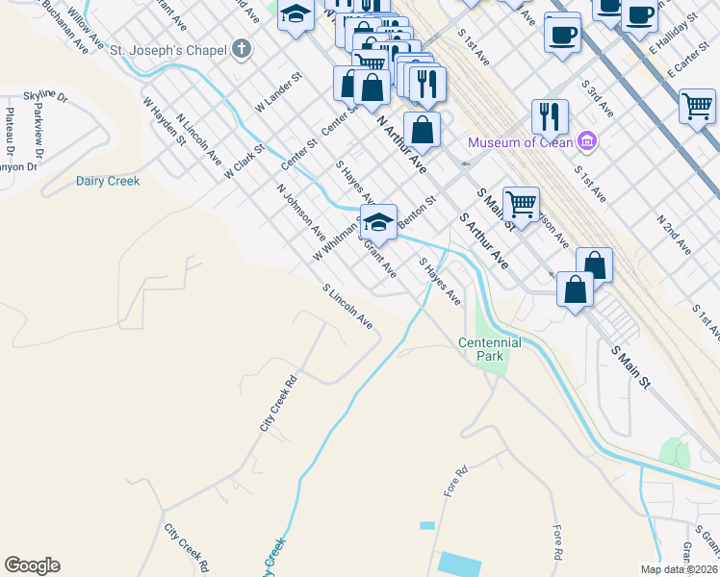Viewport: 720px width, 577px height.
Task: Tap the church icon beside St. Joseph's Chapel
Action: tap(242, 48)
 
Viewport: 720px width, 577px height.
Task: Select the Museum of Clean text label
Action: tap(520, 143)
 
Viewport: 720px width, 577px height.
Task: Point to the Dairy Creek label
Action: tap(108, 181)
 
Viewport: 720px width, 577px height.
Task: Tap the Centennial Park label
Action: tap(490, 349)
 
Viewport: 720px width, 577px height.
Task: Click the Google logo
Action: tap(32, 565)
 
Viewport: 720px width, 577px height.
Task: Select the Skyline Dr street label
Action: tap(45, 97)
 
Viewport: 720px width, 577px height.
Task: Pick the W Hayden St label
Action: tap(164, 120)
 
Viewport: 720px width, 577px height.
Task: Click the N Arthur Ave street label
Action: tap(401, 144)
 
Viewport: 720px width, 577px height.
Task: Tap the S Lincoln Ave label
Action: tap(347, 307)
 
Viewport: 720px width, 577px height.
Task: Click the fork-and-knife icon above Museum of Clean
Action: tap(550, 116)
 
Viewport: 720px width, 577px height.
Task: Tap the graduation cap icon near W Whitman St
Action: tap(379, 221)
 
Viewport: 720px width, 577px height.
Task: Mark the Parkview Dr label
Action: tap(38, 126)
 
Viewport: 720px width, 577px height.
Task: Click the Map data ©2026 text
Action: tap(680, 569)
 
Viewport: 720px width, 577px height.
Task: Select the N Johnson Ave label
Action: tap(300, 212)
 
